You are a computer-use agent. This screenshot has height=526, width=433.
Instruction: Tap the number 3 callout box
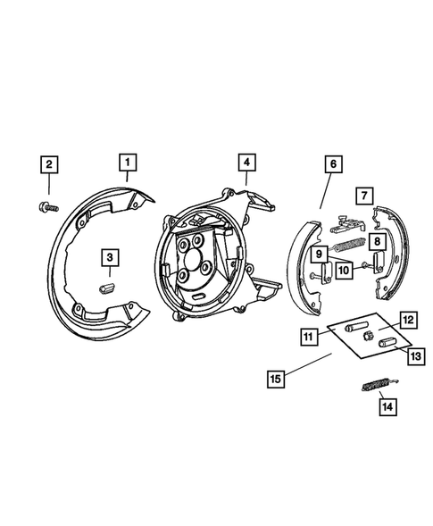click(109, 258)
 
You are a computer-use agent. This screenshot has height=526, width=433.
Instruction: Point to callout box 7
click(362, 195)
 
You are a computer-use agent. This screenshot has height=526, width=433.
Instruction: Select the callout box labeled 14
click(387, 408)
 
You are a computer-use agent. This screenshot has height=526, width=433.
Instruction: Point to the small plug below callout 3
click(109, 286)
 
